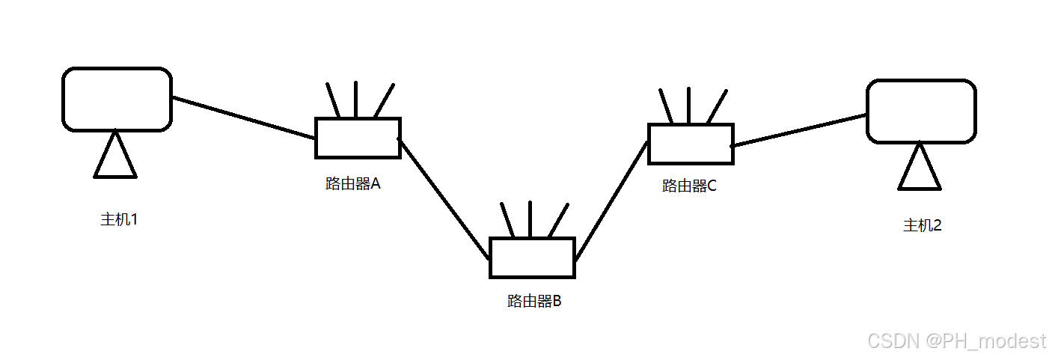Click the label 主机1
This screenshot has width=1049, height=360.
click(x=119, y=220)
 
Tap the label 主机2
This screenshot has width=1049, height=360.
click(x=922, y=225)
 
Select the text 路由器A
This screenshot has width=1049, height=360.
click(x=353, y=183)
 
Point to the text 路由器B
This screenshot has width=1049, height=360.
click(x=534, y=302)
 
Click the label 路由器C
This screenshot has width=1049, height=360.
click(x=689, y=186)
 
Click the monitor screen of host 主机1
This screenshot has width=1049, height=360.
click(x=117, y=99)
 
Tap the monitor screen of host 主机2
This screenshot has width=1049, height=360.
click(x=921, y=111)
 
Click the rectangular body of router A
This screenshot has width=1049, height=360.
click(x=358, y=138)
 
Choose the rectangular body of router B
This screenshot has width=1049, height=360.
click(x=531, y=257)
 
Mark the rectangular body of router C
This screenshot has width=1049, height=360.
click(x=690, y=144)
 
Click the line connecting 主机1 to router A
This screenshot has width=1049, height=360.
click(x=243, y=118)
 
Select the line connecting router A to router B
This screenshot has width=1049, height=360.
click(x=444, y=198)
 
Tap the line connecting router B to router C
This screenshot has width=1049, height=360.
click(x=611, y=200)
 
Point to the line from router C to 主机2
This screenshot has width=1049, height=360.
click(x=799, y=129)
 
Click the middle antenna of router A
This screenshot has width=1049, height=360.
click(x=355, y=100)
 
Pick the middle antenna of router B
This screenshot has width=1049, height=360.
click(x=530, y=219)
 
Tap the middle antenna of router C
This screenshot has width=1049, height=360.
click(x=688, y=106)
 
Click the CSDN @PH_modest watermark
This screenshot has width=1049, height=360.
click(x=955, y=341)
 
